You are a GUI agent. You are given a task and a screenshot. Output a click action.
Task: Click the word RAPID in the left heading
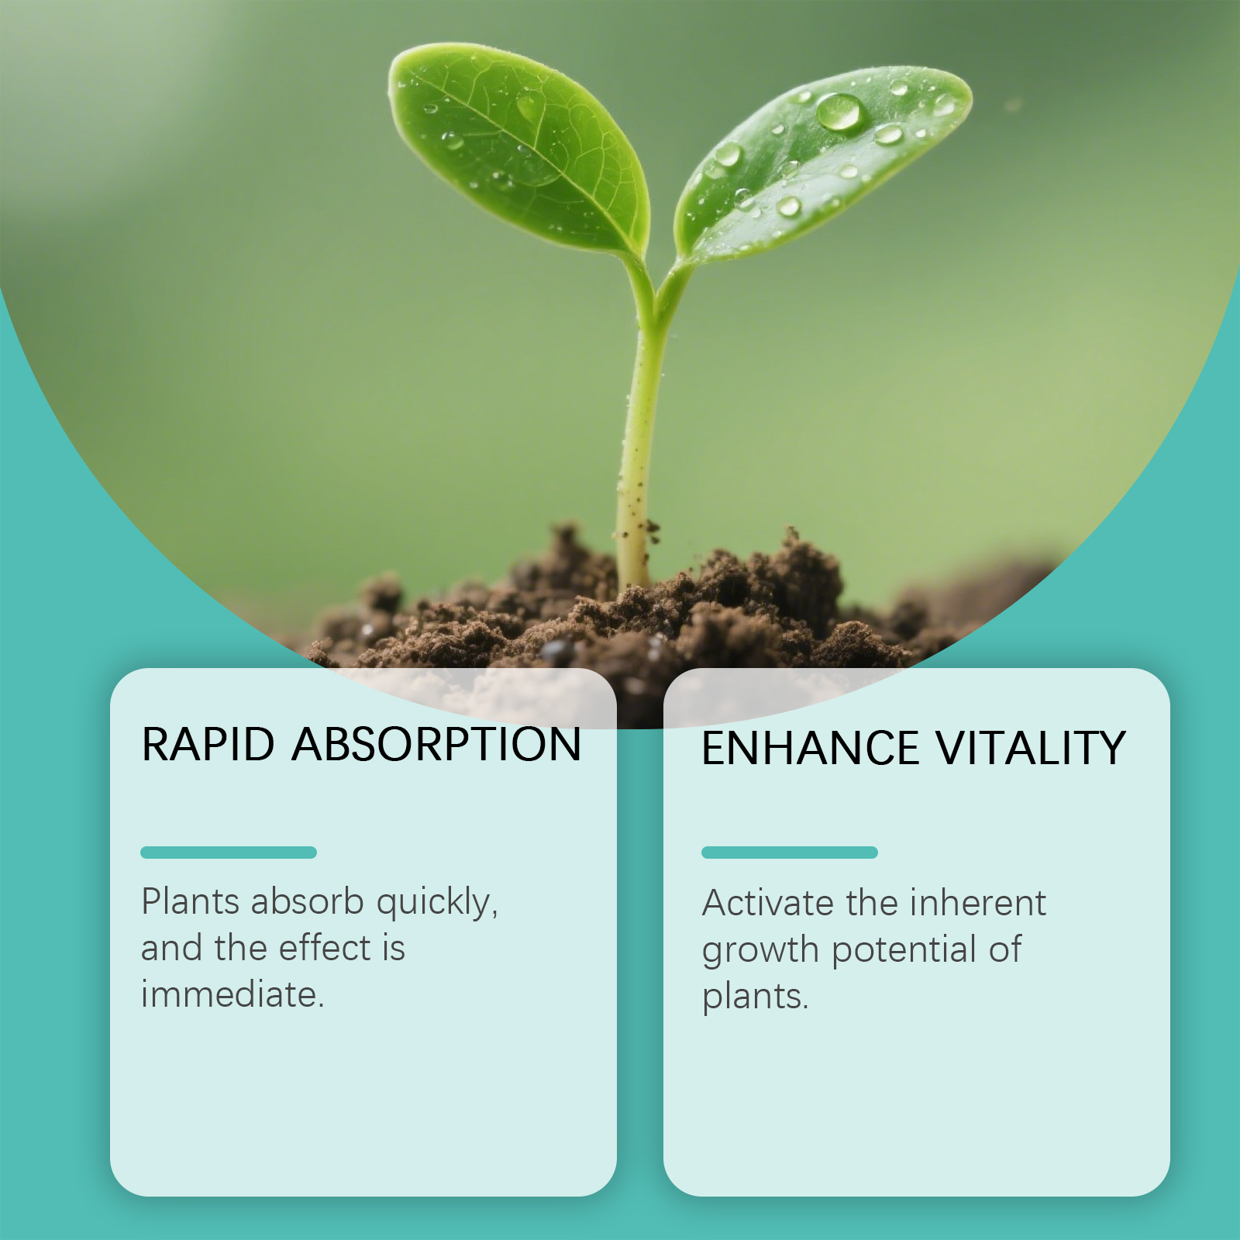[x=208, y=744]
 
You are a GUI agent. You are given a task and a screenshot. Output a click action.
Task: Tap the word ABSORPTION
[x=437, y=744]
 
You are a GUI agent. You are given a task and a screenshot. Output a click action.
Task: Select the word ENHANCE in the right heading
[x=810, y=748]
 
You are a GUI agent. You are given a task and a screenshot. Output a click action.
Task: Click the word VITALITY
[x=1031, y=748]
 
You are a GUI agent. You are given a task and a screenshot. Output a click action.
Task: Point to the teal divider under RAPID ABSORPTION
[x=229, y=852]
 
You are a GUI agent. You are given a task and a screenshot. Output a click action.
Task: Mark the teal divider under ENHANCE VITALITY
[x=790, y=852]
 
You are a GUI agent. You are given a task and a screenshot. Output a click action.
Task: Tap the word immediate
[x=232, y=994]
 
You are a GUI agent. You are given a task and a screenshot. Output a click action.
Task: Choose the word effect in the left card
[x=325, y=948]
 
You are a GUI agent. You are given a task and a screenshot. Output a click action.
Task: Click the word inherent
[x=978, y=903]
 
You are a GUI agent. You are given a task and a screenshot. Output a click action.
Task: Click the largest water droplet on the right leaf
[x=839, y=111]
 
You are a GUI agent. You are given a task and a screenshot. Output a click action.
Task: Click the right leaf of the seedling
[x=821, y=163]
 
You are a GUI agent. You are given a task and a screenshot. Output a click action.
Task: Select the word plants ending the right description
[x=755, y=997]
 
